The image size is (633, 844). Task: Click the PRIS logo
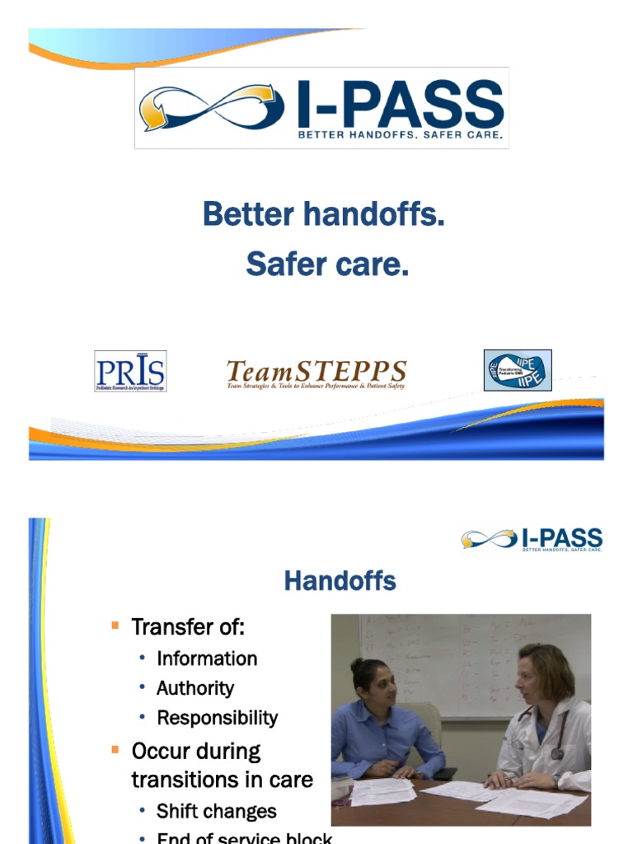tap(130, 371)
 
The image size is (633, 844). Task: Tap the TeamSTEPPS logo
tap(316, 373)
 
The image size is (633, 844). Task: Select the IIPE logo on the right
tap(517, 370)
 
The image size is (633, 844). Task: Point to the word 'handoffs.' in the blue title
tap(374, 215)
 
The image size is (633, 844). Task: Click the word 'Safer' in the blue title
tap(285, 265)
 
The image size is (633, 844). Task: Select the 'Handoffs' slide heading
tap(340, 581)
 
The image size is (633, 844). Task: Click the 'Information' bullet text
tap(207, 659)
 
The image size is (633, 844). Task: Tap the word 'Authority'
tap(195, 688)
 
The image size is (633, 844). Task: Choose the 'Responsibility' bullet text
tap(218, 718)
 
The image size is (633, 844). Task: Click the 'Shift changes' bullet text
tap(217, 811)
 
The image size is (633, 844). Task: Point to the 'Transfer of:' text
tap(188, 627)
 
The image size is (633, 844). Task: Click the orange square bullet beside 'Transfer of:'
tap(115, 626)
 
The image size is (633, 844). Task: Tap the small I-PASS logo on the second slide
tap(532, 540)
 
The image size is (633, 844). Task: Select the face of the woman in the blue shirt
tap(380, 684)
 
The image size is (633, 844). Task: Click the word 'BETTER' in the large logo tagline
tap(325, 134)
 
